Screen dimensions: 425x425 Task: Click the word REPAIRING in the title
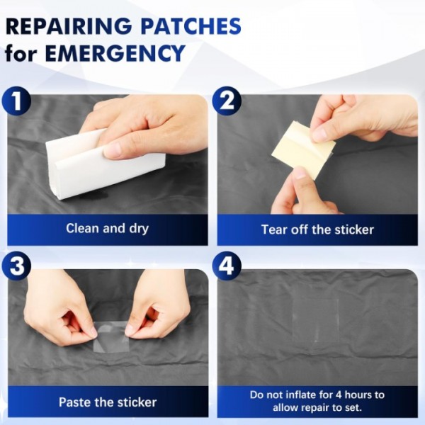point(69,26)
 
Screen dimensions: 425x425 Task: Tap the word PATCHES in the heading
point(191,26)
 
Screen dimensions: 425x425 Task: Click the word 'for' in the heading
point(21,53)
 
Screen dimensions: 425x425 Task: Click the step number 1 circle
point(16,101)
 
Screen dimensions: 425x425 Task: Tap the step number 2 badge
point(227,101)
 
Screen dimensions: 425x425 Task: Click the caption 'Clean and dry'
point(108,229)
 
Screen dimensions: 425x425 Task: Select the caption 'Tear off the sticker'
point(317,229)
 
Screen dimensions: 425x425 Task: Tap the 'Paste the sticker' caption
point(108,402)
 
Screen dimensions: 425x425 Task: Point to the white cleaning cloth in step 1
point(106,165)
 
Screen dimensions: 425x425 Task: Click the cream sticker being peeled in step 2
point(304,150)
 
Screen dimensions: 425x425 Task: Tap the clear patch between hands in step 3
point(110,337)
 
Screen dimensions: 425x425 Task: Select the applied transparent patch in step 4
point(316,320)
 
